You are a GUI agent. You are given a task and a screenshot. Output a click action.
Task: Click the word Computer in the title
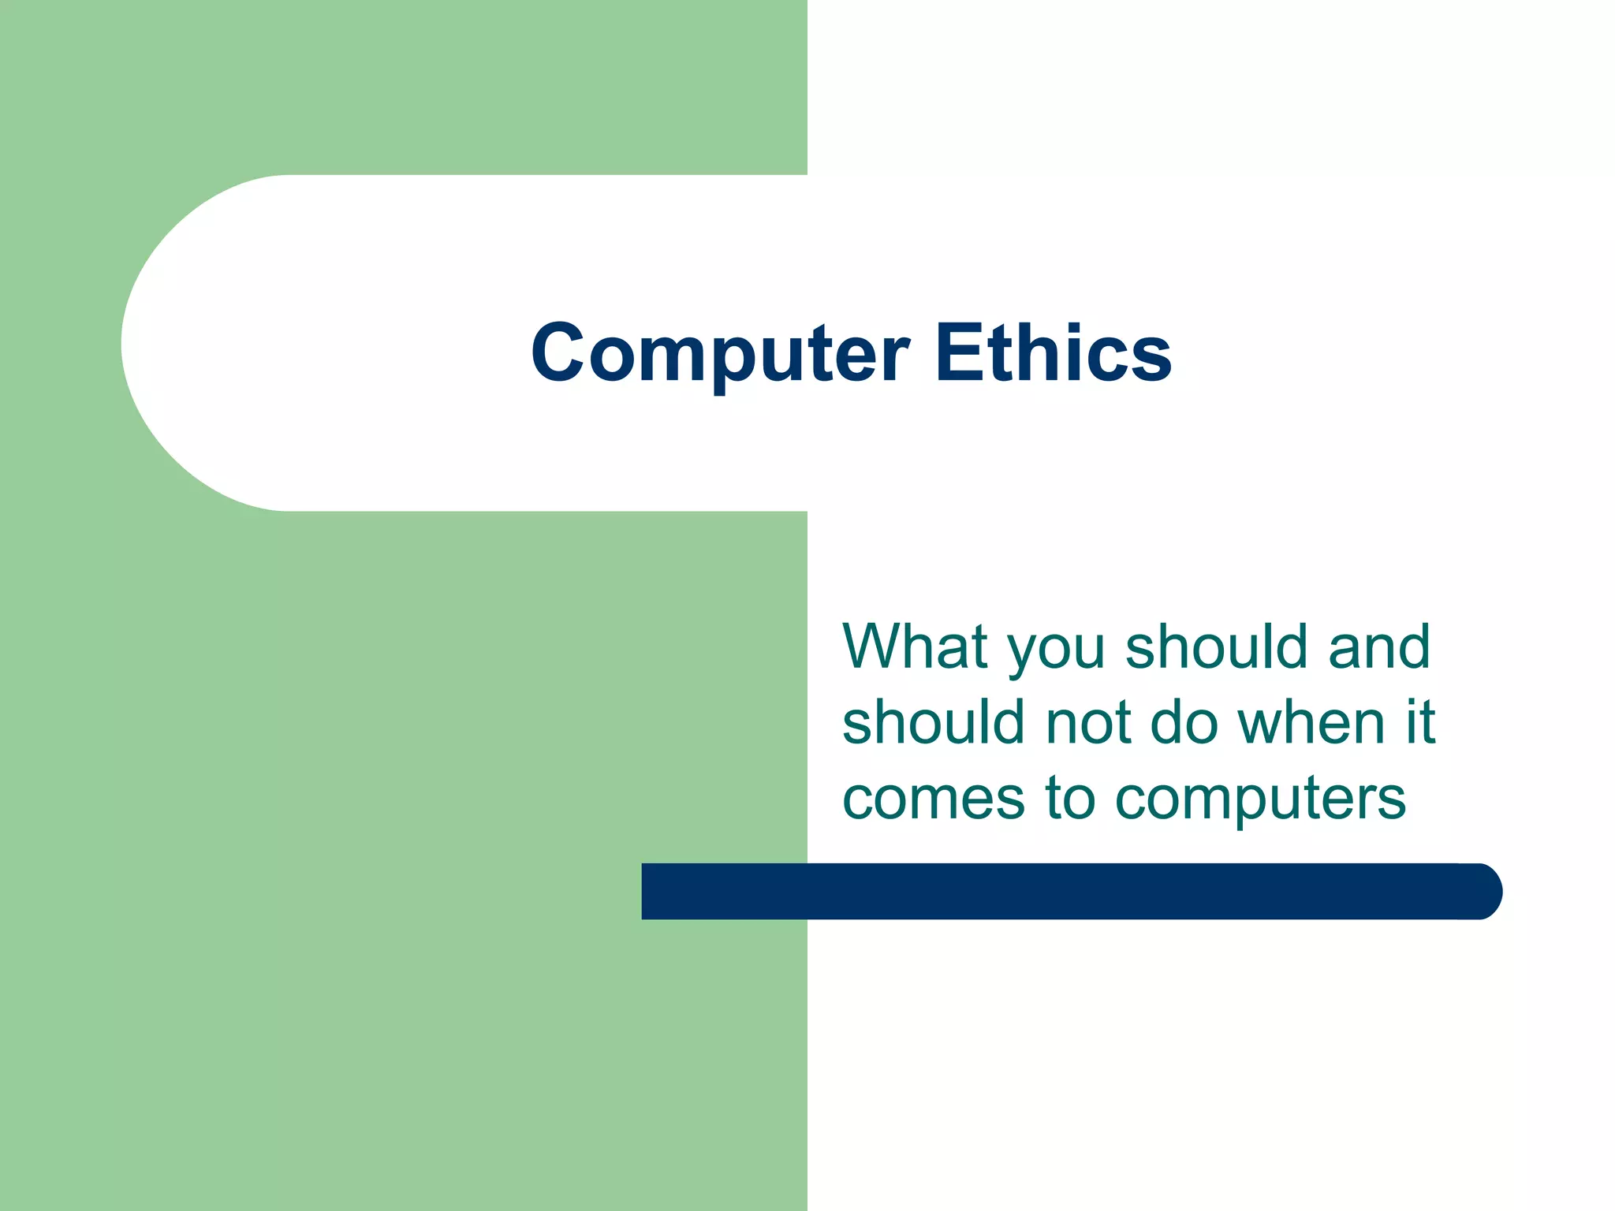719,355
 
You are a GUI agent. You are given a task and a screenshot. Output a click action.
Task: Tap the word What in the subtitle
915,646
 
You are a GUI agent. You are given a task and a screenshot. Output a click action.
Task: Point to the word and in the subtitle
1379,646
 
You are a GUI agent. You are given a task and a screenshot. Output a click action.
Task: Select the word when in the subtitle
1311,722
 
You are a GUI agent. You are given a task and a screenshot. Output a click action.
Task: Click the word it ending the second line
1419,722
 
